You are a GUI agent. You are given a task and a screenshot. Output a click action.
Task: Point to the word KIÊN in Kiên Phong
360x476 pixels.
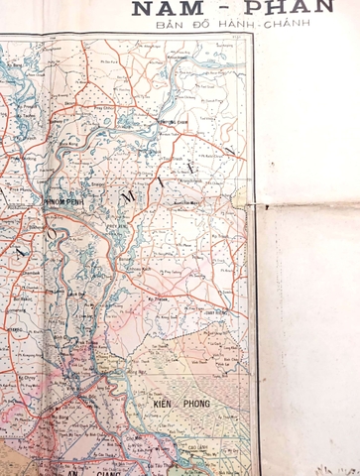(x=164, y=406)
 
